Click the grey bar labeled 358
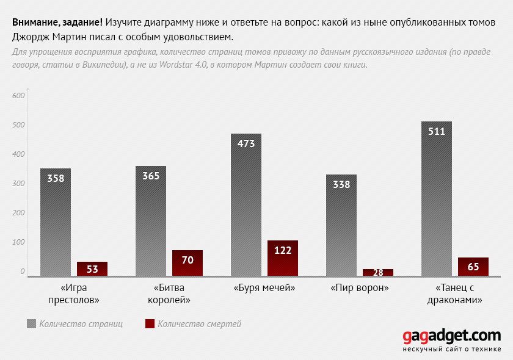point(56,222)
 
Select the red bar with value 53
point(92,268)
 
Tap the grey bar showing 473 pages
point(246,204)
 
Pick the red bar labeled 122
point(283,258)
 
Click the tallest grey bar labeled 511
point(437,199)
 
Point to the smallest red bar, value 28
point(378,272)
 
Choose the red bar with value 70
point(187,263)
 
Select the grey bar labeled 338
point(341,225)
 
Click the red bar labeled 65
point(473,267)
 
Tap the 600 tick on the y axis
point(18,95)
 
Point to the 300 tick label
point(18,184)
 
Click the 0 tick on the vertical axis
point(22,271)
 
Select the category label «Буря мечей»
point(264,288)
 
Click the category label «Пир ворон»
point(360,288)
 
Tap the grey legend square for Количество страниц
point(31,324)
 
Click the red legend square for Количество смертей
point(150,324)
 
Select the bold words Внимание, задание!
point(57,23)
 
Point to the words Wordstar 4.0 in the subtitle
point(183,65)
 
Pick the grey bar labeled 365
point(151,221)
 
